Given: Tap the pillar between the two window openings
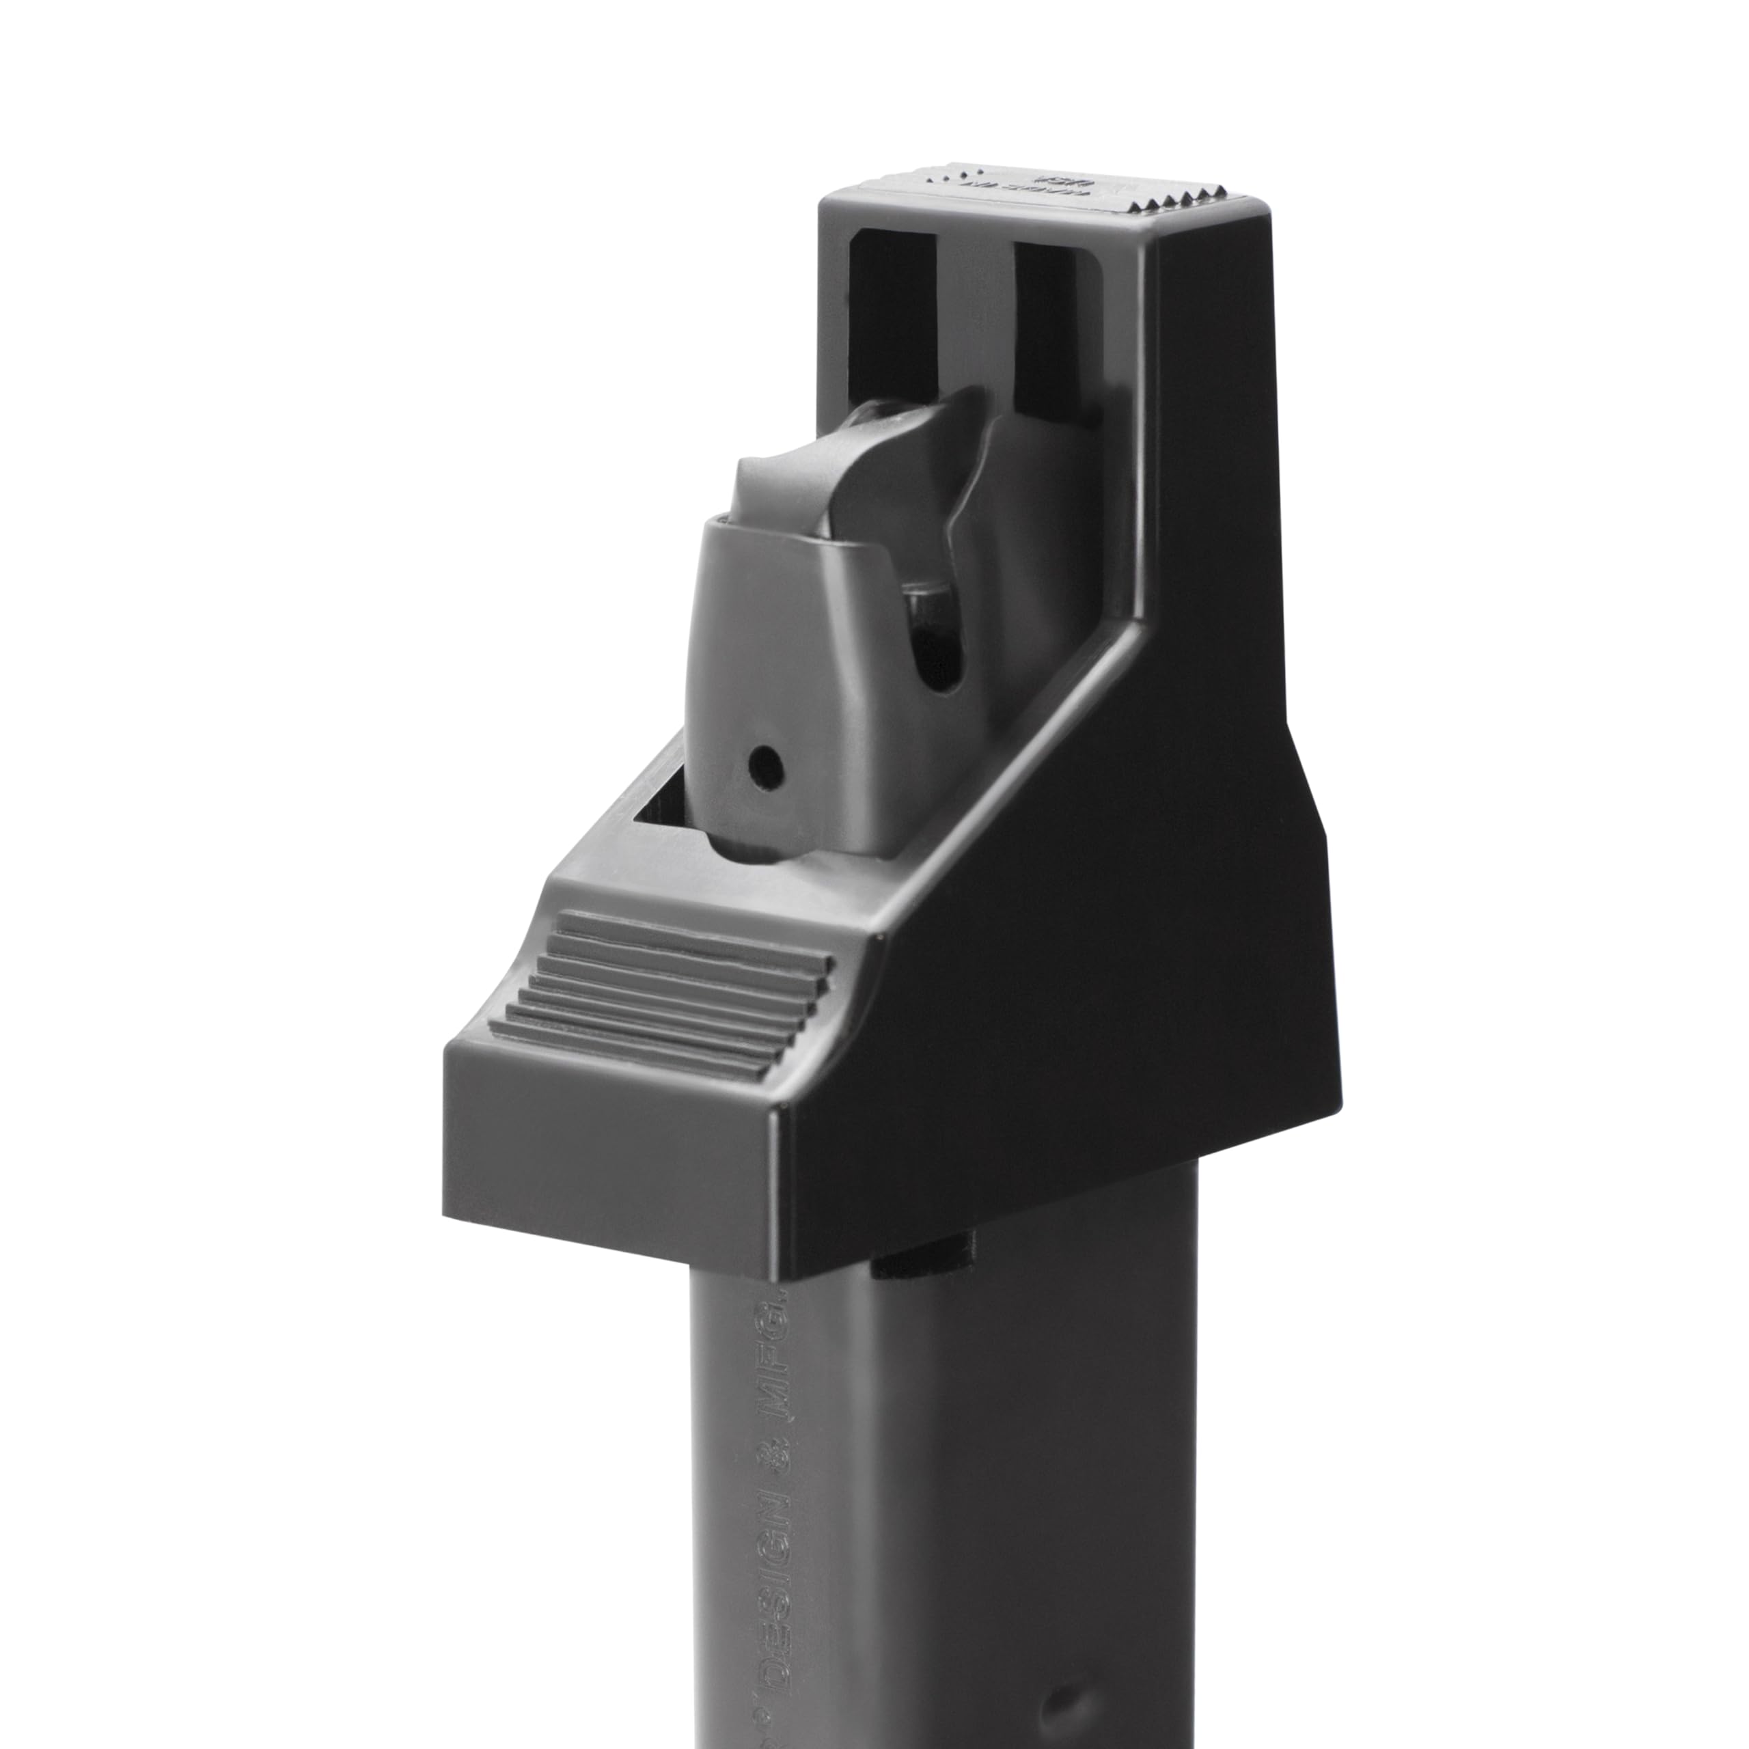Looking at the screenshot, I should point(973,308).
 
